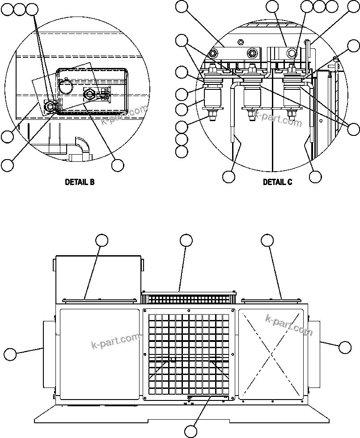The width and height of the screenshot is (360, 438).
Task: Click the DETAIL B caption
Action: [80, 182]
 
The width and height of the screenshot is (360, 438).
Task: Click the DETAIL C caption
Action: [277, 182]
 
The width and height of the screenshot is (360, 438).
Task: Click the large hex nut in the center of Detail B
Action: [88, 94]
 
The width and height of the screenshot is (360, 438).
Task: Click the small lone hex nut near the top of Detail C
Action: [240, 43]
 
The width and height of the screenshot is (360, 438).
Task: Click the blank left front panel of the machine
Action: [99, 353]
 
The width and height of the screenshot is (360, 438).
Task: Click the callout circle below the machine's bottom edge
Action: [191, 431]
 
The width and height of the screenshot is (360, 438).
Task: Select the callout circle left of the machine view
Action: [10, 354]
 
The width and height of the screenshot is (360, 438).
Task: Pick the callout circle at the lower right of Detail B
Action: [118, 165]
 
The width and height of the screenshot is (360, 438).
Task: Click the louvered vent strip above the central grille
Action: [188, 298]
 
